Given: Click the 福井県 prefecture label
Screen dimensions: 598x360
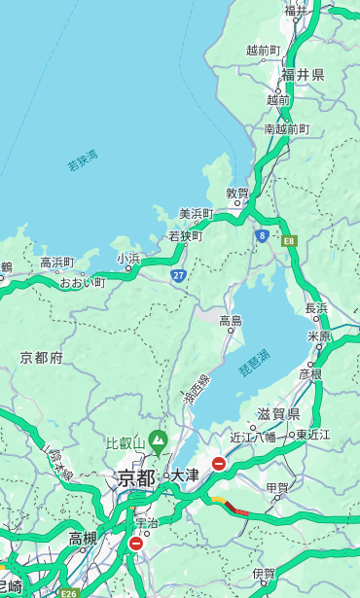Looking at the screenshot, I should point(303,75).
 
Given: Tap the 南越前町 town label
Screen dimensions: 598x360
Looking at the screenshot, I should point(287,128).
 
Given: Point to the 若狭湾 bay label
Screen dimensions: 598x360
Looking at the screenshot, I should point(83,160).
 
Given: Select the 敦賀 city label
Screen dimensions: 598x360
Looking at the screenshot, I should point(237,193).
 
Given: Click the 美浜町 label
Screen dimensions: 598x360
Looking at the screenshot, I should point(196,214).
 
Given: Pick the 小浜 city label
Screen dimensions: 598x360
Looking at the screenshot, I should point(128,258).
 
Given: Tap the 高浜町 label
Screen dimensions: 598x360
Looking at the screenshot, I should point(56,263).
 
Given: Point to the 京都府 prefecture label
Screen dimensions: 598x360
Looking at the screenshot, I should point(42,357).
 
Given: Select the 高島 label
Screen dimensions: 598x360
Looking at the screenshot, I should point(231,320).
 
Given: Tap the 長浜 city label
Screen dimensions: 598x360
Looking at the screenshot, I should point(317,308).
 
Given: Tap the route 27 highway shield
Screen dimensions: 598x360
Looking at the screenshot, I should point(179,275).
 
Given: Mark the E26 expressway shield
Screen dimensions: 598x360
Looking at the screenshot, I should point(67,591).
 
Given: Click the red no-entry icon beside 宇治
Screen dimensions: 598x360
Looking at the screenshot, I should point(135,544).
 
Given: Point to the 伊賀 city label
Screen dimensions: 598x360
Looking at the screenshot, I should point(264,574).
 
